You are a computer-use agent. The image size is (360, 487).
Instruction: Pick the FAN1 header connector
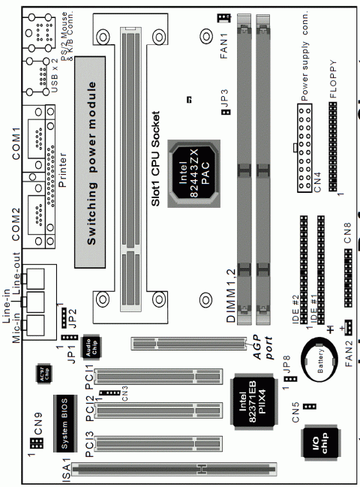(x=222, y=18)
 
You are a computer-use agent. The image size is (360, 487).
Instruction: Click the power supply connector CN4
(x=304, y=149)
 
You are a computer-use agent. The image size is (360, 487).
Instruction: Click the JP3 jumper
(x=225, y=113)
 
